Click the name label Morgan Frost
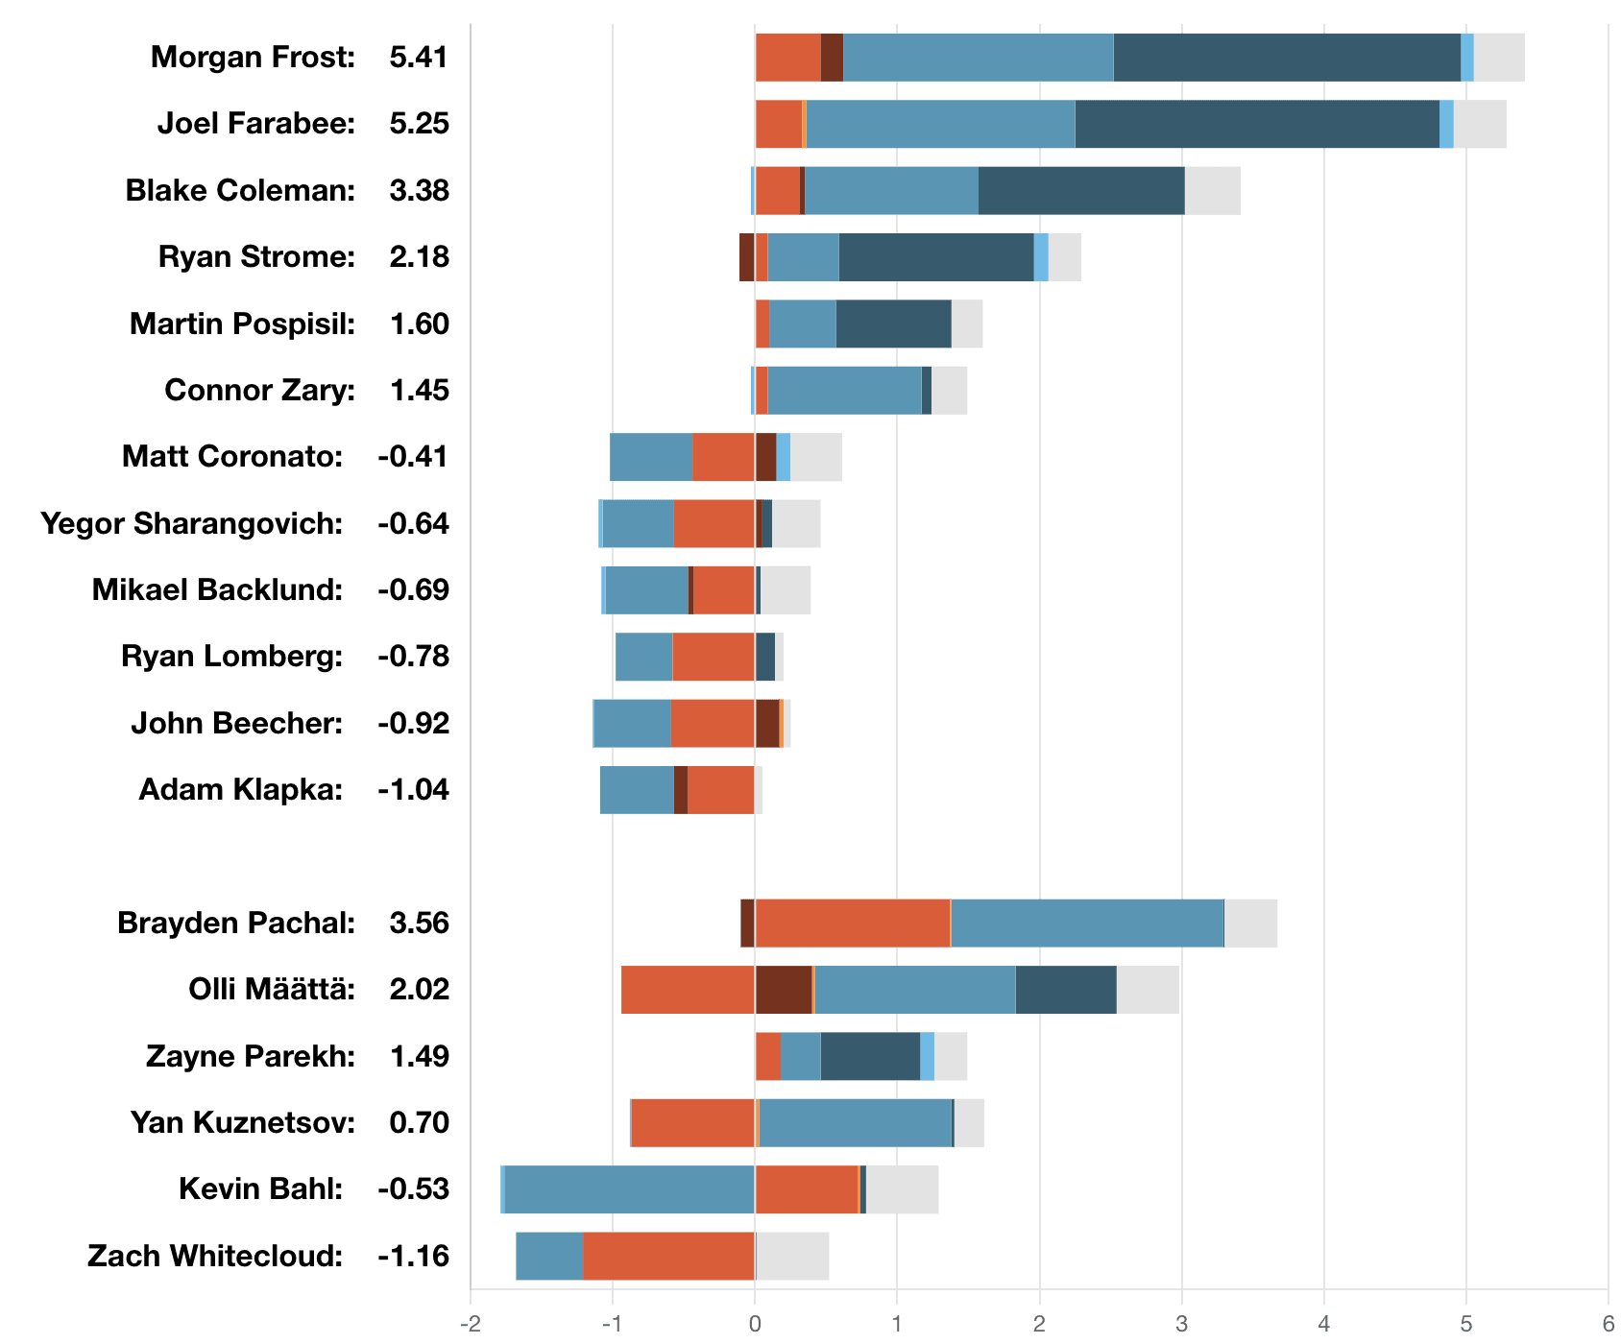tap(253, 58)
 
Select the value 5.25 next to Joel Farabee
tap(419, 124)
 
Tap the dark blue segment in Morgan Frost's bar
tap(1287, 58)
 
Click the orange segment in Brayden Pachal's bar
tap(852, 924)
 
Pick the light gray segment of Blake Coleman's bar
tap(1212, 191)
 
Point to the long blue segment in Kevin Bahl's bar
tap(629, 1189)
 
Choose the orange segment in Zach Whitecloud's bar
tap(668, 1256)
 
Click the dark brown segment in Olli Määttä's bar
tap(783, 990)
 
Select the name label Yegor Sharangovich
tap(191, 524)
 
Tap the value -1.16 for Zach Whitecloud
tap(413, 1256)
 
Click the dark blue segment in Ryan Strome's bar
tap(936, 257)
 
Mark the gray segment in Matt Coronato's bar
tap(815, 457)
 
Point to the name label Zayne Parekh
tap(250, 1056)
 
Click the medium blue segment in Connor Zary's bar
tap(844, 391)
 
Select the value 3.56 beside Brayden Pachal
tap(419, 924)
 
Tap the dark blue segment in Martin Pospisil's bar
tap(893, 324)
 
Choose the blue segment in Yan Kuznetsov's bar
tap(855, 1123)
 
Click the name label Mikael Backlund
tap(217, 590)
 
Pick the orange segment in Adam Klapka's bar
tap(721, 790)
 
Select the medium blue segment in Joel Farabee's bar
tap(940, 124)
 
